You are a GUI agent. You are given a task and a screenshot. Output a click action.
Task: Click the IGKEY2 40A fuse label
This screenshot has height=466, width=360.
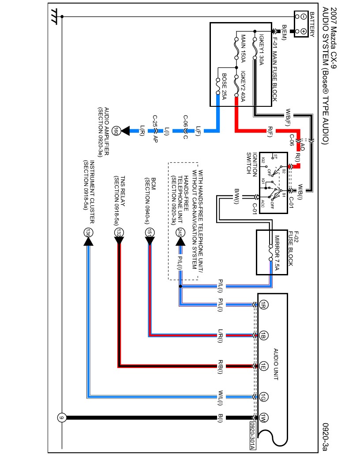tap(243, 86)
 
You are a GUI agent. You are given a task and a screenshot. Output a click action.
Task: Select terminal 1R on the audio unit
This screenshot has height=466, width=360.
tap(263, 304)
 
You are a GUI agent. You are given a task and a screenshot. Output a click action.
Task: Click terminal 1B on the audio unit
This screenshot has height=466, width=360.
tap(263, 334)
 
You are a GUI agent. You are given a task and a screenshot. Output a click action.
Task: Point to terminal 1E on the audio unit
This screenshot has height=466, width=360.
tap(263, 366)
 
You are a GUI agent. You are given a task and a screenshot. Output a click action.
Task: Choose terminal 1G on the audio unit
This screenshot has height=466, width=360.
tap(263, 396)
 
